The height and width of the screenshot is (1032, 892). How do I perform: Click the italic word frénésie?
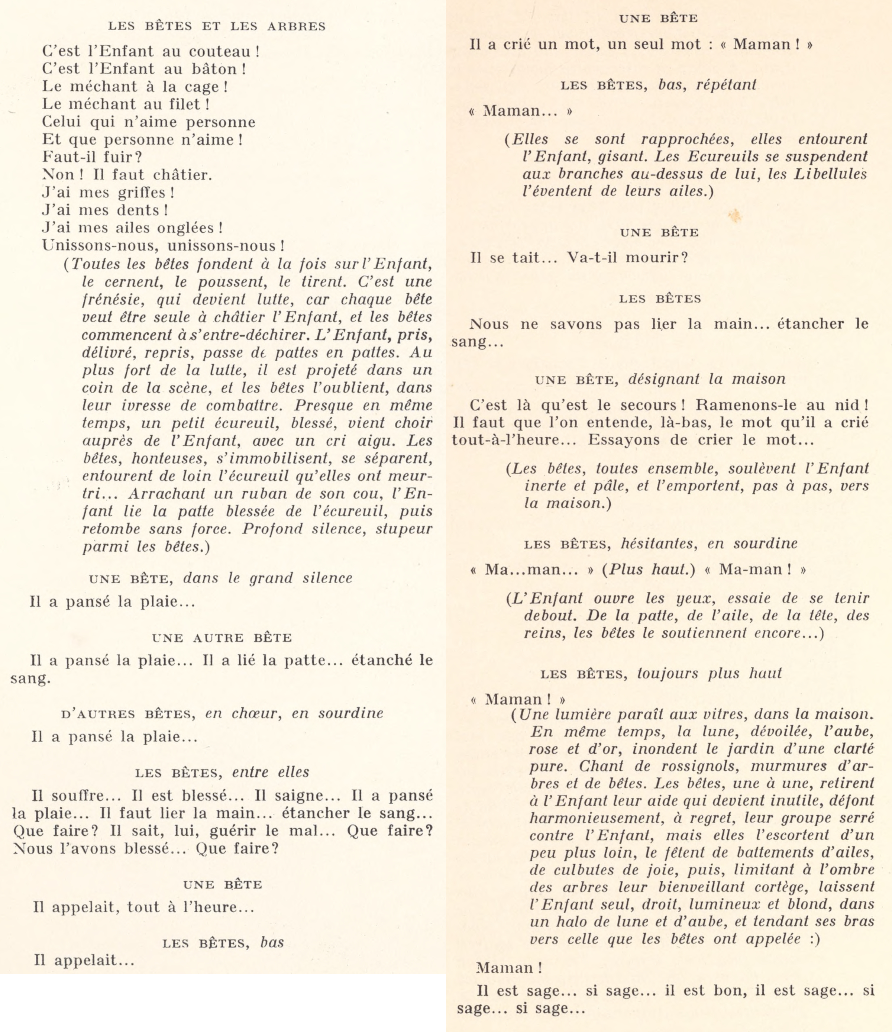click(113, 300)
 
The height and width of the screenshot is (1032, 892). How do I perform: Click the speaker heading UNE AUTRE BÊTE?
click(222, 638)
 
